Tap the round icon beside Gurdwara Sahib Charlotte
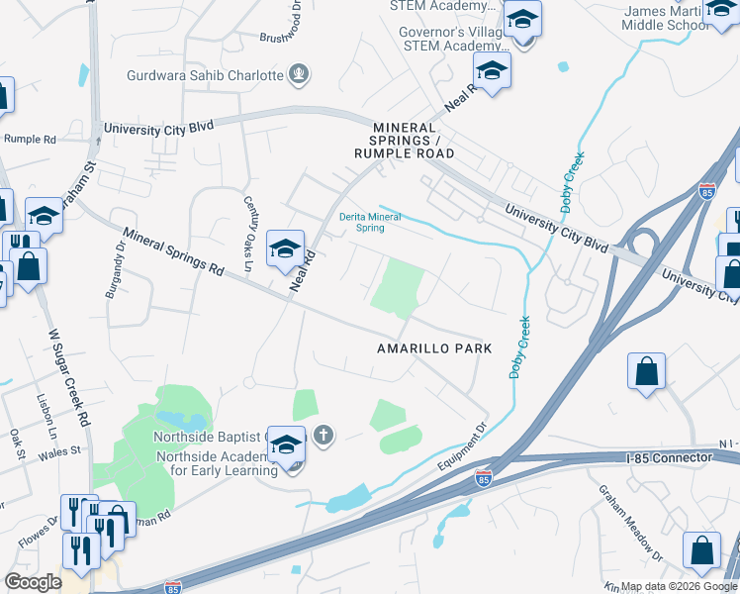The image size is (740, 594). click(298, 73)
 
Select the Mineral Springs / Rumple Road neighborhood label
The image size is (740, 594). click(406, 141)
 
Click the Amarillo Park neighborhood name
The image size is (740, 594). click(434, 349)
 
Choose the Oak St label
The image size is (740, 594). click(16, 437)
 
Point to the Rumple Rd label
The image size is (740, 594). click(30, 140)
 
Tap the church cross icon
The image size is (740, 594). click(323, 434)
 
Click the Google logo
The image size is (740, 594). click(34, 582)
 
